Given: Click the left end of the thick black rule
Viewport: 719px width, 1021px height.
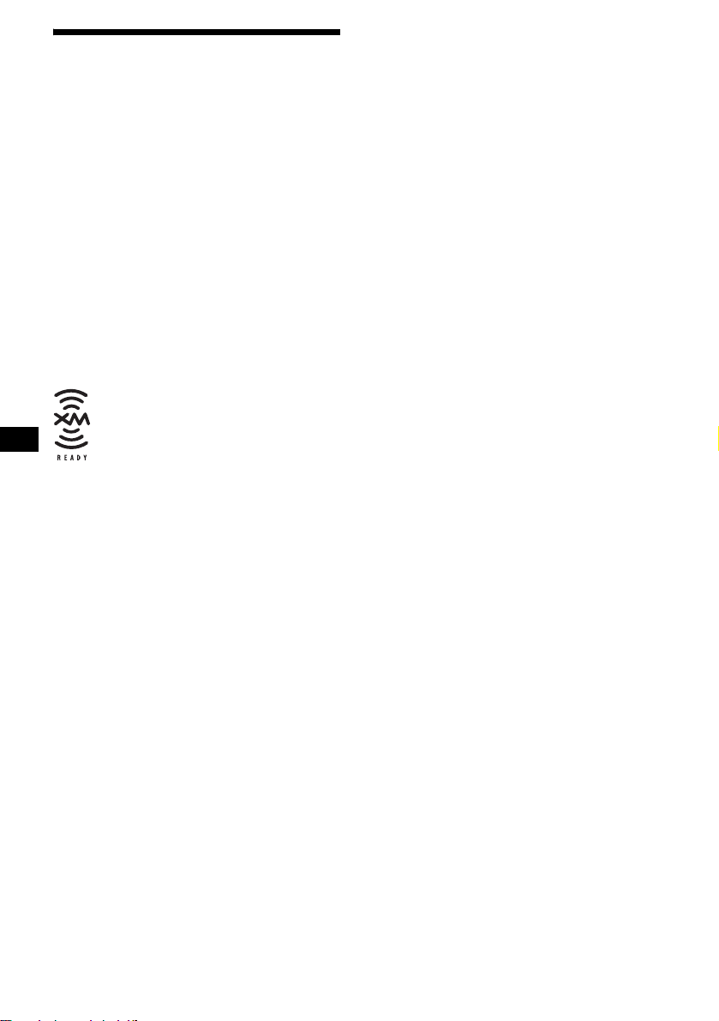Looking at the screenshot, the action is point(55,33).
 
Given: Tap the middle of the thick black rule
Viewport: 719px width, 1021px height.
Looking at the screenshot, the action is point(197,33).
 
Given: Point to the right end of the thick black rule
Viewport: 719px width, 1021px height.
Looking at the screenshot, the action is point(339,33).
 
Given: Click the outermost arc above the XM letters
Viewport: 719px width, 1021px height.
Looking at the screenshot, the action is point(72,393).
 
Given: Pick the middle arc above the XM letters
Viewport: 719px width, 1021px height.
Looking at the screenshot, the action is point(72,401).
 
